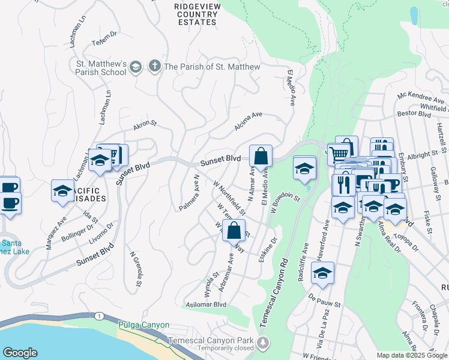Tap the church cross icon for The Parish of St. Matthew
tap(154, 66)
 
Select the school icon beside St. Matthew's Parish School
tap(136, 66)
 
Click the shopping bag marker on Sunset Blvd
tap(261, 157)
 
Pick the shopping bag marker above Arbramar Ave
tap(234, 230)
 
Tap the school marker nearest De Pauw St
tap(322, 273)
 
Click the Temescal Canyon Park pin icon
tap(262, 343)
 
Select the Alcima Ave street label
tap(249, 120)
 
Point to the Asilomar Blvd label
tap(206, 304)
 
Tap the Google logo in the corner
tap(20, 353)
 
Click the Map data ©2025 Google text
tap(411, 355)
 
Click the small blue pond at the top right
tap(414, 15)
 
